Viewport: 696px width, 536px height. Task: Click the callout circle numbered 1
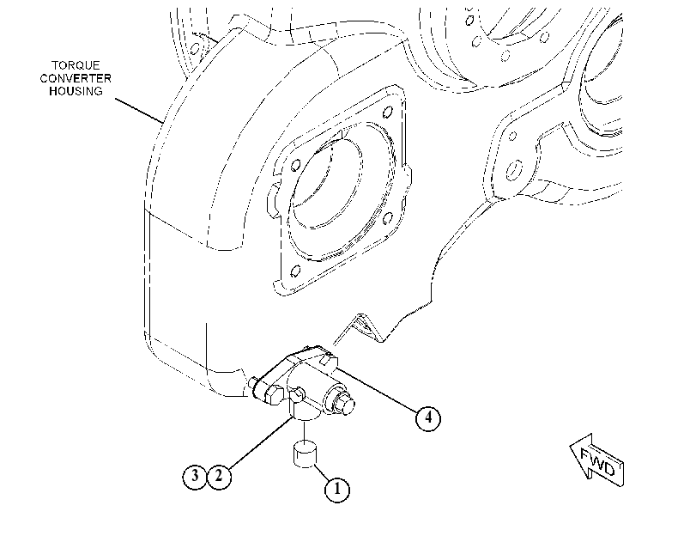[x=337, y=490]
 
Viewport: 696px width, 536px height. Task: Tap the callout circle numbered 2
[x=219, y=477]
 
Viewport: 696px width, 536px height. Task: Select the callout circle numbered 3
[x=195, y=477]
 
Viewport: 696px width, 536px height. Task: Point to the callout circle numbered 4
[x=428, y=417]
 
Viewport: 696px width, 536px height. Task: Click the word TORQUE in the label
[x=76, y=66]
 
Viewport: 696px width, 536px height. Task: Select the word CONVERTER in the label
[x=76, y=79]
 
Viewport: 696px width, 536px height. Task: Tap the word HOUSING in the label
[x=76, y=91]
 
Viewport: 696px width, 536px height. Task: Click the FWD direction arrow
[x=596, y=460]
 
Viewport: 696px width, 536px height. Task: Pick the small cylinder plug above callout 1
[x=305, y=454]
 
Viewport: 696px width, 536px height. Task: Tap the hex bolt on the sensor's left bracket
[x=272, y=394]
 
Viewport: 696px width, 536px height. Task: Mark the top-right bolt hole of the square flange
[x=388, y=111]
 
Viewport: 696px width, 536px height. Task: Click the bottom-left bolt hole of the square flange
[x=295, y=271]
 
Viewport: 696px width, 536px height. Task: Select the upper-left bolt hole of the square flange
[x=295, y=166]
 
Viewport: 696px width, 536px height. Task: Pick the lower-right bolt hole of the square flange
[x=388, y=218]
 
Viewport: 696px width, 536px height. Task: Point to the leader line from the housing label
[x=140, y=110]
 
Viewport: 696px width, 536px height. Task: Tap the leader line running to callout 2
[x=261, y=442]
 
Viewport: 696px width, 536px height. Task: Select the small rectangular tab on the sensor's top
[x=326, y=359]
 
